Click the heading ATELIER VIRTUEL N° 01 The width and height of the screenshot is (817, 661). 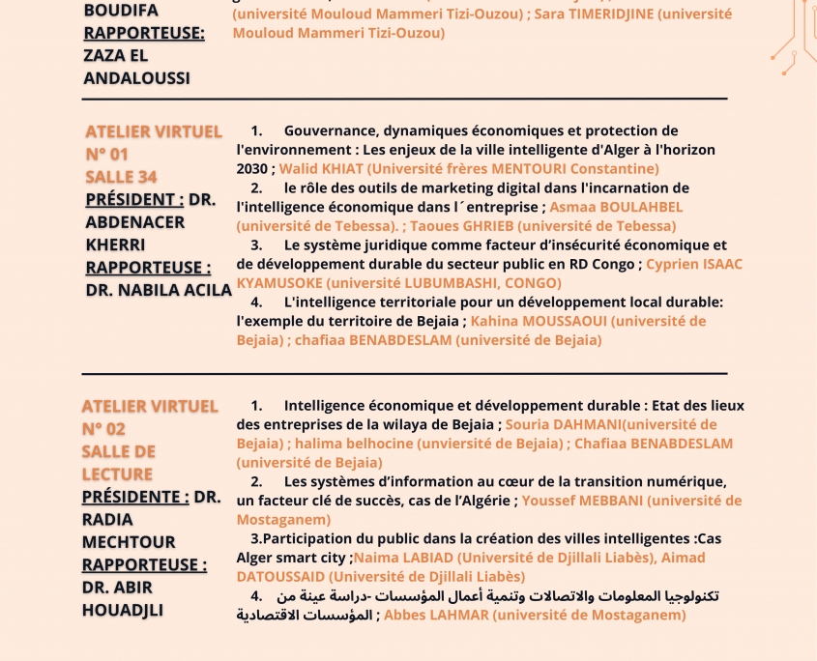point(153,142)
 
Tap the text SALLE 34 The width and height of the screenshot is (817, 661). point(121,177)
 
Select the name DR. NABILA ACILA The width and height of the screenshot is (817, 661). point(159,290)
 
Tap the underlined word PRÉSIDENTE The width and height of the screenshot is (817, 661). point(134,497)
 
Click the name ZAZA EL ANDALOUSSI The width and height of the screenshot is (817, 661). point(136,67)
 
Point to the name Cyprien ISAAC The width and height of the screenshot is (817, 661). point(693,264)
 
